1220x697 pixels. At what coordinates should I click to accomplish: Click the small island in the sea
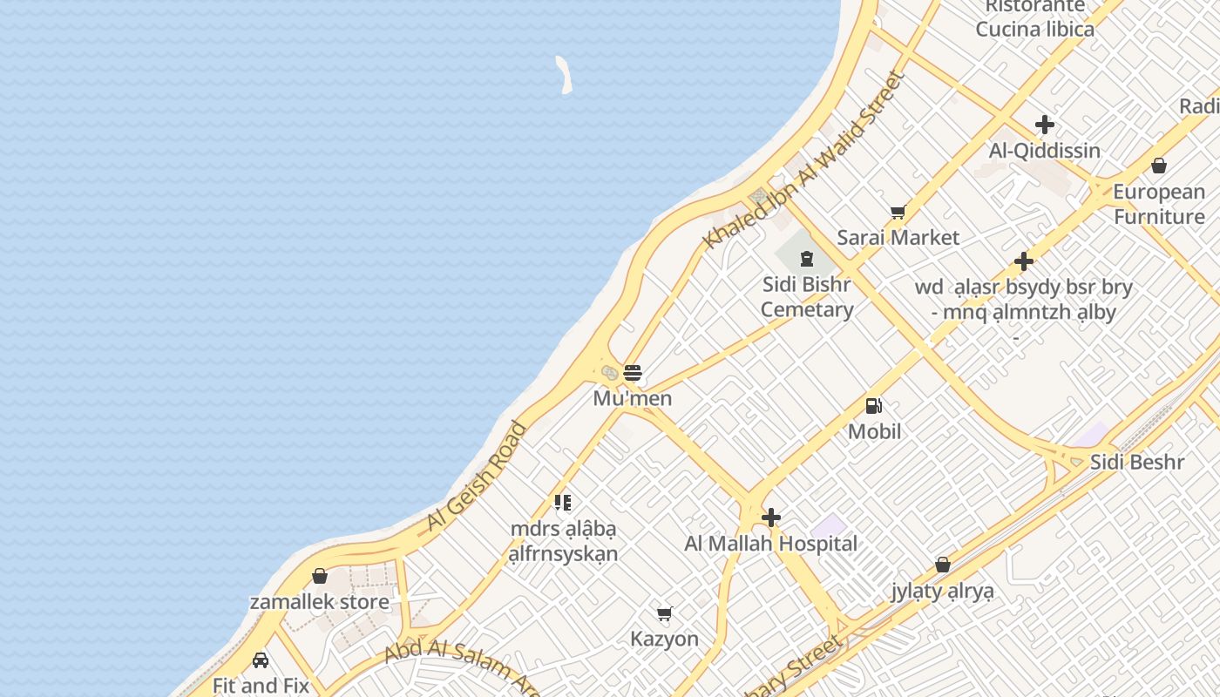pos(565,74)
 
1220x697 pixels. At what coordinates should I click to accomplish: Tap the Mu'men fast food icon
pos(633,373)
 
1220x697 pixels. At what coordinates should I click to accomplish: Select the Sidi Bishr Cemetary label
pos(806,296)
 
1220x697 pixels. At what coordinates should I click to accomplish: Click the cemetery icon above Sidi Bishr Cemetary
pos(807,258)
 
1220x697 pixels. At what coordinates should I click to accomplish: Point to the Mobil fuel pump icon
pos(873,405)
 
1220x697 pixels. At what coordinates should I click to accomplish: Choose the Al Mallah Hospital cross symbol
pos(770,518)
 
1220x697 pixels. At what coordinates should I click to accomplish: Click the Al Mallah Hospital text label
pos(770,544)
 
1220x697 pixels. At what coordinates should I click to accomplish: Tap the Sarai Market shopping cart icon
pos(898,212)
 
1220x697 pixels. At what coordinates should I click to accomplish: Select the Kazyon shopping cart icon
pos(665,613)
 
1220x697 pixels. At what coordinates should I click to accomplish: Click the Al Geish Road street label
pos(477,477)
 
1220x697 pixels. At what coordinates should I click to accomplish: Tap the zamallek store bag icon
pos(320,576)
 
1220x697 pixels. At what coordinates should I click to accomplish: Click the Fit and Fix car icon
pos(261,660)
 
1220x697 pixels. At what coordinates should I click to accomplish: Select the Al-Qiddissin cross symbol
pos(1044,125)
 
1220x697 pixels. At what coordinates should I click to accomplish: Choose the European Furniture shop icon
pos(1159,166)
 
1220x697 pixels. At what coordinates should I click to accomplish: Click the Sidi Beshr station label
pos(1137,462)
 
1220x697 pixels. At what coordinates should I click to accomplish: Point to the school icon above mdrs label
pos(563,503)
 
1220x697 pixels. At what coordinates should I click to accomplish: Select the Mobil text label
pos(874,431)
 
